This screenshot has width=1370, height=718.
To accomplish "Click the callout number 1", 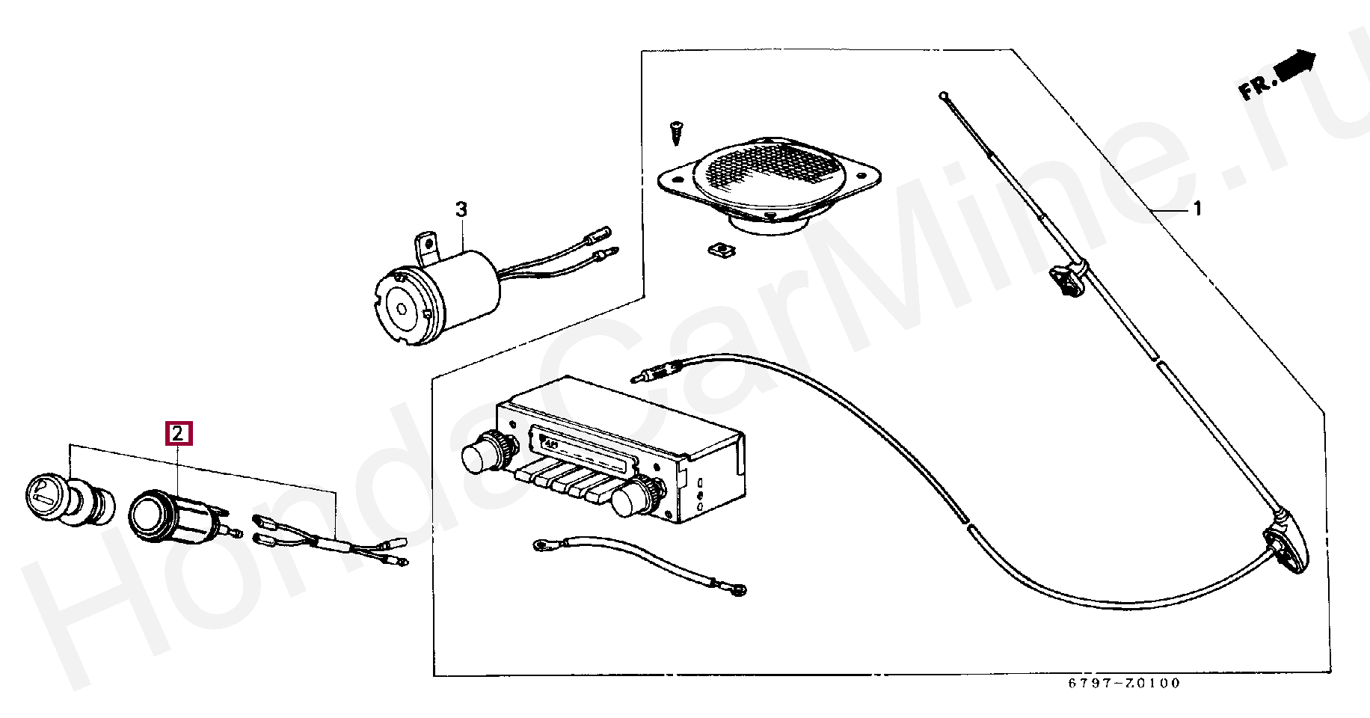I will (1197, 209).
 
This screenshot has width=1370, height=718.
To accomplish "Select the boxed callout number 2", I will (179, 434).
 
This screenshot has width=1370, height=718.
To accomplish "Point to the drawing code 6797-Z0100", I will (1123, 684).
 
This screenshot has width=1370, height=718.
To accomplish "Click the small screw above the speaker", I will (676, 133).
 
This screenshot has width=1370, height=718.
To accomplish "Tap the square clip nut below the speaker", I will (715, 249).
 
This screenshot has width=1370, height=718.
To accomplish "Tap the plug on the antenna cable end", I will (645, 374).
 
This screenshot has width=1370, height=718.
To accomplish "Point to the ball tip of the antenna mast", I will (944, 96).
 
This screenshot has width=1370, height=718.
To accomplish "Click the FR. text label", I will (1256, 88).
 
